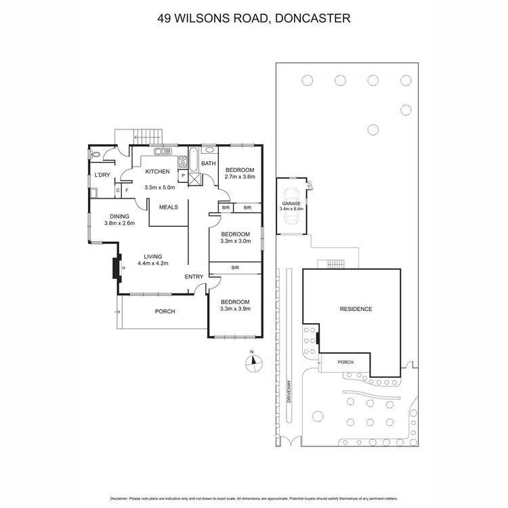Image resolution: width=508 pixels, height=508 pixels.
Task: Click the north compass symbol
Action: pyautogui.click(x=252, y=360)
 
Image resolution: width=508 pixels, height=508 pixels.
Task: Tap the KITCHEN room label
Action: pyautogui.click(x=157, y=171)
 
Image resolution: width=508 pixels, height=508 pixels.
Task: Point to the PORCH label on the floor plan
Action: pyautogui.click(x=165, y=312)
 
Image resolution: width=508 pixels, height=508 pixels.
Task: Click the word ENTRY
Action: pyautogui.click(x=194, y=276)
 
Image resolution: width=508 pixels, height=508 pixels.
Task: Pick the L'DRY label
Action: pyautogui.click(x=102, y=175)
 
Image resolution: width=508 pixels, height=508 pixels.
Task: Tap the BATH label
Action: pyautogui.click(x=208, y=163)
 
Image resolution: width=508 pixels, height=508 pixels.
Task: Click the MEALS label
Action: pyautogui.click(x=169, y=207)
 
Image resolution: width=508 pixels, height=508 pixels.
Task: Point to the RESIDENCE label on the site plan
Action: pyautogui.click(x=356, y=309)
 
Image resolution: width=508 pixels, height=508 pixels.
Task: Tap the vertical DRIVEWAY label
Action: pyautogui.click(x=288, y=389)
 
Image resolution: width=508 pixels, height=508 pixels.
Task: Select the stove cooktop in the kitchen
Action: pyautogui.click(x=182, y=161)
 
